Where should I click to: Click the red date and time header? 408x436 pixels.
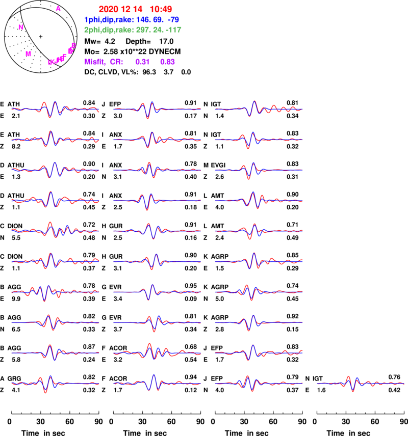click(x=135, y=9)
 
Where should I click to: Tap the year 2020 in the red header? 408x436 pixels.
click(x=108, y=9)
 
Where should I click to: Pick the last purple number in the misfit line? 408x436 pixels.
click(x=167, y=61)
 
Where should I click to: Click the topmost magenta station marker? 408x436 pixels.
click(x=58, y=9)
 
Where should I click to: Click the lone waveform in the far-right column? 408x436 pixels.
click(x=361, y=383)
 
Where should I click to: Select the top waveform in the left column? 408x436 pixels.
click(x=55, y=108)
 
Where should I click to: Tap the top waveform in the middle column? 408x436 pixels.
click(x=157, y=108)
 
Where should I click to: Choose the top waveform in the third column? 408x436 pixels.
click(x=259, y=108)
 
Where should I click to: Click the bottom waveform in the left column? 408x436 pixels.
click(x=55, y=383)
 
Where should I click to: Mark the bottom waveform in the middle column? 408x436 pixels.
click(x=157, y=383)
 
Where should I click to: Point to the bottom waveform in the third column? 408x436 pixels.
click(x=259, y=383)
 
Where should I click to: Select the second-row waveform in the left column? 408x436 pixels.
click(x=55, y=139)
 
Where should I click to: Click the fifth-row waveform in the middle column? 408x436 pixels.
click(x=157, y=231)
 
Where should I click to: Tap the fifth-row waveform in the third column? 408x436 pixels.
click(x=259, y=231)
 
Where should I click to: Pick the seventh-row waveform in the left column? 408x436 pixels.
click(x=55, y=292)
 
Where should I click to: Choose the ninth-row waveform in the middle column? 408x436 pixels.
click(x=157, y=352)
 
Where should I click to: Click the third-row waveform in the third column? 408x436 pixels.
click(x=259, y=170)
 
